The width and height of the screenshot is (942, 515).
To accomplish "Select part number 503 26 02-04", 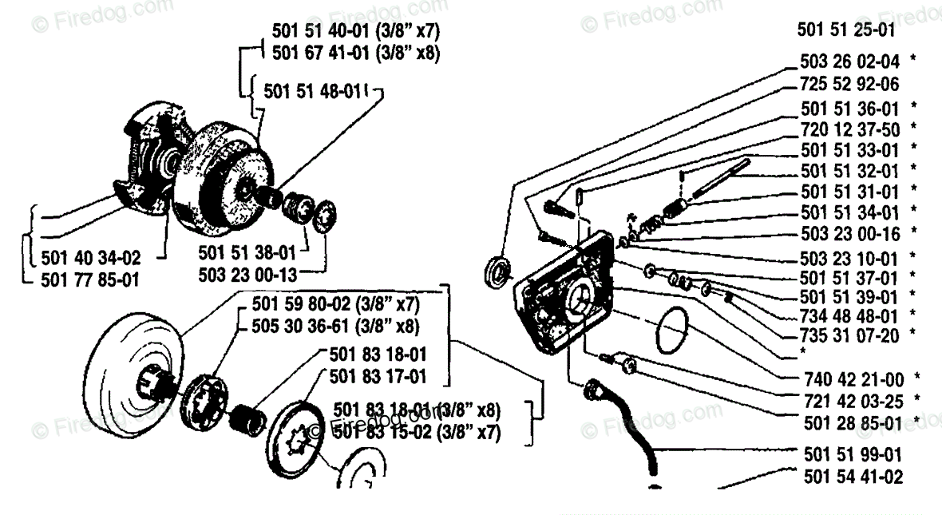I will tap(849, 61).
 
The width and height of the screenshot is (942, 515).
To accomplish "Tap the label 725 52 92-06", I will tap(849, 84).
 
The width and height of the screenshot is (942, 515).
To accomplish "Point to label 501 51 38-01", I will tap(247, 253).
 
